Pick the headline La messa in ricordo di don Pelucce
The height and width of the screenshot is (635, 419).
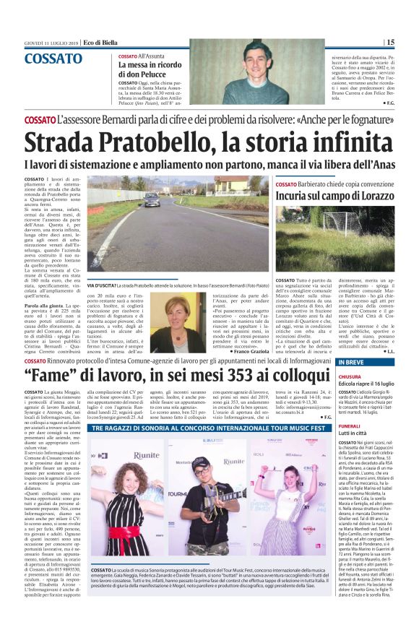pos(147,69)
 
